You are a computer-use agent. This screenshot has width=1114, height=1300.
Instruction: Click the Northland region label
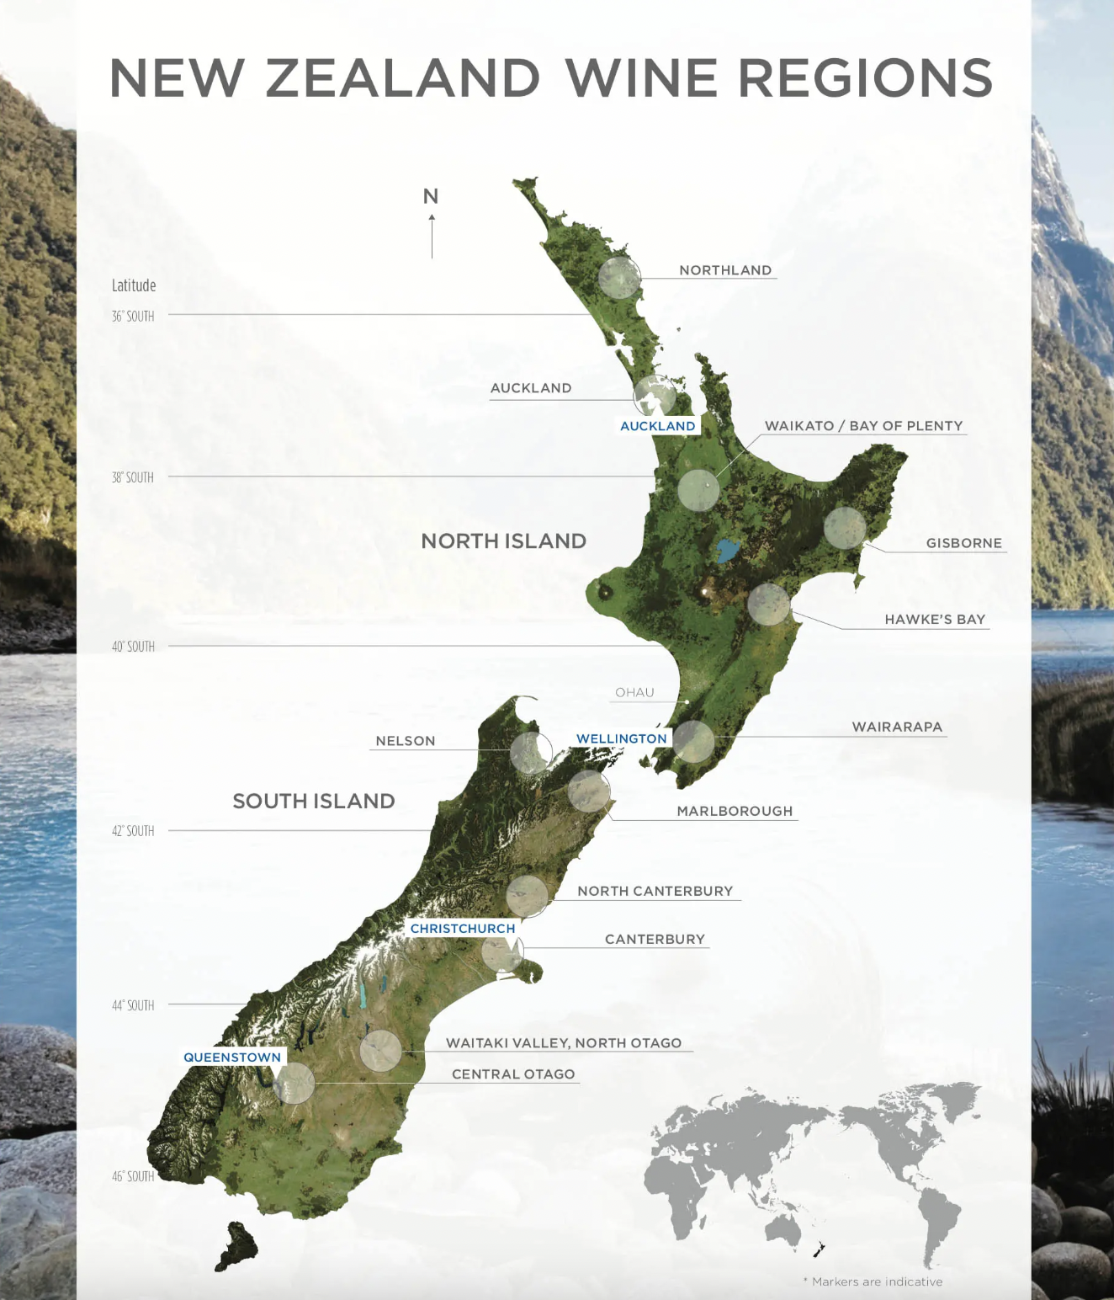pos(725,270)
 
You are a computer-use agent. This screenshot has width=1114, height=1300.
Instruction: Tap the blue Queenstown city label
pos(232,1058)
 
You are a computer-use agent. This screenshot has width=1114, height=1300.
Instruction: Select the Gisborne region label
pos(964,543)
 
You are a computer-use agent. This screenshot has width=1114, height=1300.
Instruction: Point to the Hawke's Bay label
pos(935,620)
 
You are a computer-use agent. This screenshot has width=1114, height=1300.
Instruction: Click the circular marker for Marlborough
pos(589,791)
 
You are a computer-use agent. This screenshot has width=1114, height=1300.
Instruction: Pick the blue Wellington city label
pos(622,738)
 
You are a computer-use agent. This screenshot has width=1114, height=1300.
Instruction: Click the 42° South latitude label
pos(133,831)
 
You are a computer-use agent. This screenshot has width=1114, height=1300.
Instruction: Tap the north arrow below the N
pos(432,236)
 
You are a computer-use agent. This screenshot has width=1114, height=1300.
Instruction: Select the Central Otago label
pos(513,1074)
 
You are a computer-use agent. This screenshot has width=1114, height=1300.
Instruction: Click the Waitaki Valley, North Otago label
pos(564,1043)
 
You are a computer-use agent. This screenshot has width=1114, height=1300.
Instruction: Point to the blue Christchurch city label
pos(463,929)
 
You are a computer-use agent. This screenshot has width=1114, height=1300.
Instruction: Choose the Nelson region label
pos(406,741)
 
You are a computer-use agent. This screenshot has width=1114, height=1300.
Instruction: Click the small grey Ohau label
pos(634,693)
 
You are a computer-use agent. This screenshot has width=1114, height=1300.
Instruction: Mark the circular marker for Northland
pos(619,278)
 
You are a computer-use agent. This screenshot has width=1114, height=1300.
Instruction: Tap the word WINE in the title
pos(641,78)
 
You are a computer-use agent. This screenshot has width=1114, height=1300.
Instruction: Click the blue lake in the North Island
pos(726,551)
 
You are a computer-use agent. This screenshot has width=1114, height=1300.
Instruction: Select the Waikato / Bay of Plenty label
pos(863,426)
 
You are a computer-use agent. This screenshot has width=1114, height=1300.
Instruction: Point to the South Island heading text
pos(314,801)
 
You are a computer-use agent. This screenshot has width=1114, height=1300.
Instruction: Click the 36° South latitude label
pos(133,317)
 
